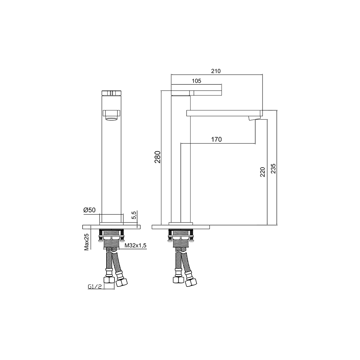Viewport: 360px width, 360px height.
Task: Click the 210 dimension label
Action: (216, 71)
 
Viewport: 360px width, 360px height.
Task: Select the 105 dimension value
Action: (196, 81)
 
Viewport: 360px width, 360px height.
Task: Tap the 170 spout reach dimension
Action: (216, 139)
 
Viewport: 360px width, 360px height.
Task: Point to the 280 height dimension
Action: (157, 157)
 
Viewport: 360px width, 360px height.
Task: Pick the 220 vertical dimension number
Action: (263, 172)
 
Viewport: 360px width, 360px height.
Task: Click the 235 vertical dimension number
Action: (273, 168)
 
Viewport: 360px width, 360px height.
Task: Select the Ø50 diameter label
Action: (89, 210)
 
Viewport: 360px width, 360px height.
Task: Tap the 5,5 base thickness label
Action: (134, 215)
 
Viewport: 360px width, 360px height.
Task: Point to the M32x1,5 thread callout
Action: (136, 245)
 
